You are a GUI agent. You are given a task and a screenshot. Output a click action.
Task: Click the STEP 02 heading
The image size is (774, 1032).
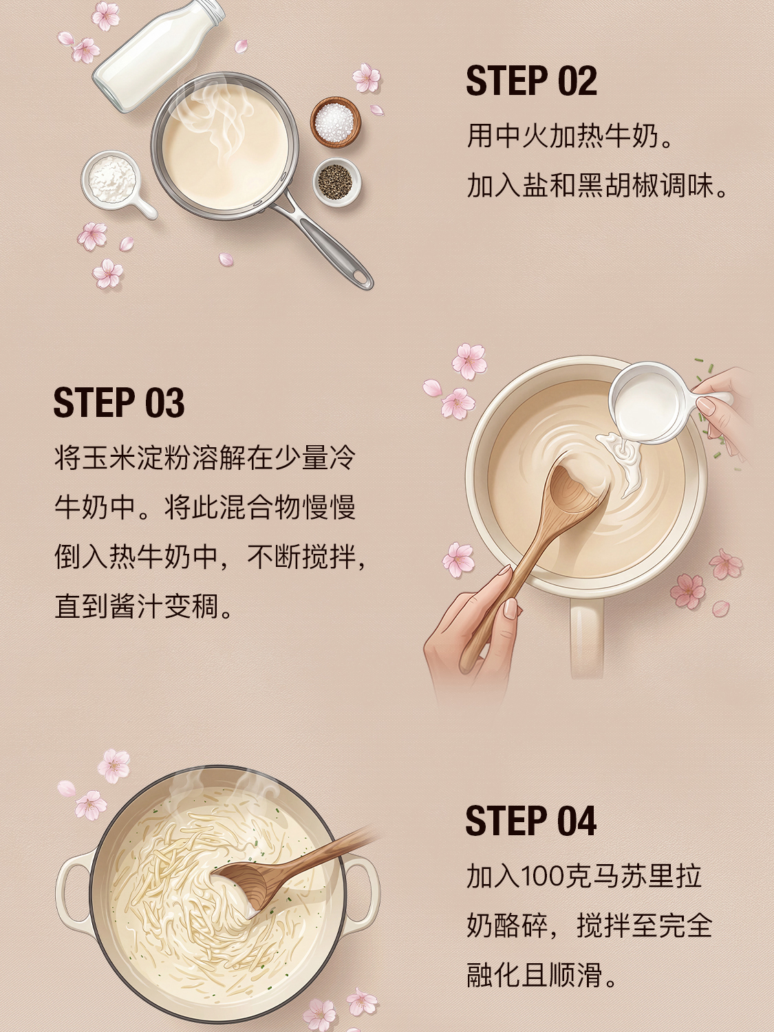[x=531, y=81]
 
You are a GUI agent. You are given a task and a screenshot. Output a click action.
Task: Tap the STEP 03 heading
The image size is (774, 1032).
[x=119, y=402]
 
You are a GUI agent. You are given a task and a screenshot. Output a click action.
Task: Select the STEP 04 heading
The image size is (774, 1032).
[x=531, y=820]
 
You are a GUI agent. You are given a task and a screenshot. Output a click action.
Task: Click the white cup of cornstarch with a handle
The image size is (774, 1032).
[x=115, y=182]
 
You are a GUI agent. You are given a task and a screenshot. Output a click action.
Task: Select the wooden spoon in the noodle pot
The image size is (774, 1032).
[x=291, y=865]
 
